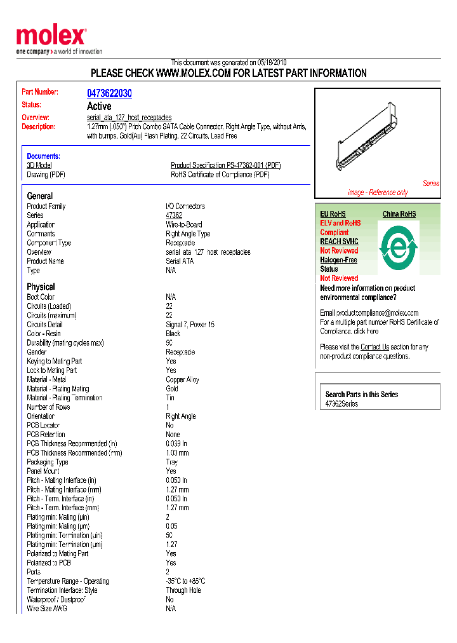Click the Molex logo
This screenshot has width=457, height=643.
pyautogui.click(x=51, y=36)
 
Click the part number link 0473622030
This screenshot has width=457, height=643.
pyautogui.click(x=109, y=93)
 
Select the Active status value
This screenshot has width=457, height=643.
pyautogui.click(x=99, y=106)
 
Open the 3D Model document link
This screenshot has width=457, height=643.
pyautogui.click(x=39, y=165)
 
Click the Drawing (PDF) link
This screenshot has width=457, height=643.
pyautogui.click(x=46, y=175)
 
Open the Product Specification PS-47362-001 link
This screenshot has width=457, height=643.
pyautogui.click(x=225, y=165)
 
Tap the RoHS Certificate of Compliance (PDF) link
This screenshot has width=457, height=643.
pyautogui.click(x=220, y=175)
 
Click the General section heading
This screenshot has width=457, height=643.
pyautogui.click(x=40, y=196)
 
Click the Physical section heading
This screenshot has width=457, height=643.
pyautogui.click(x=41, y=287)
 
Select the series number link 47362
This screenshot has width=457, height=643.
pyautogui.click(x=174, y=215)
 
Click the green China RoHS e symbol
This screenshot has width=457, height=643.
pyautogui.click(x=398, y=244)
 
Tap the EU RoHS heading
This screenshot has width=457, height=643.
pyautogui.click(x=333, y=214)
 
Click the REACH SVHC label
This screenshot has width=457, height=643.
pyautogui.click(x=339, y=241)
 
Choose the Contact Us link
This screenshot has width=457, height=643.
pyautogui.click(x=374, y=347)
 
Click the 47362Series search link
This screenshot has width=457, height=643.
pyautogui.click(x=341, y=404)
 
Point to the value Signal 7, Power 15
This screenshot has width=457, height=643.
pyautogui.click(x=190, y=325)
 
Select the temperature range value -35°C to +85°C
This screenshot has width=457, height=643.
pyautogui.click(x=185, y=581)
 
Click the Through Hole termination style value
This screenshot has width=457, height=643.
pyautogui.click(x=183, y=590)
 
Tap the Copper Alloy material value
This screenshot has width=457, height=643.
pyautogui.click(x=182, y=379)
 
